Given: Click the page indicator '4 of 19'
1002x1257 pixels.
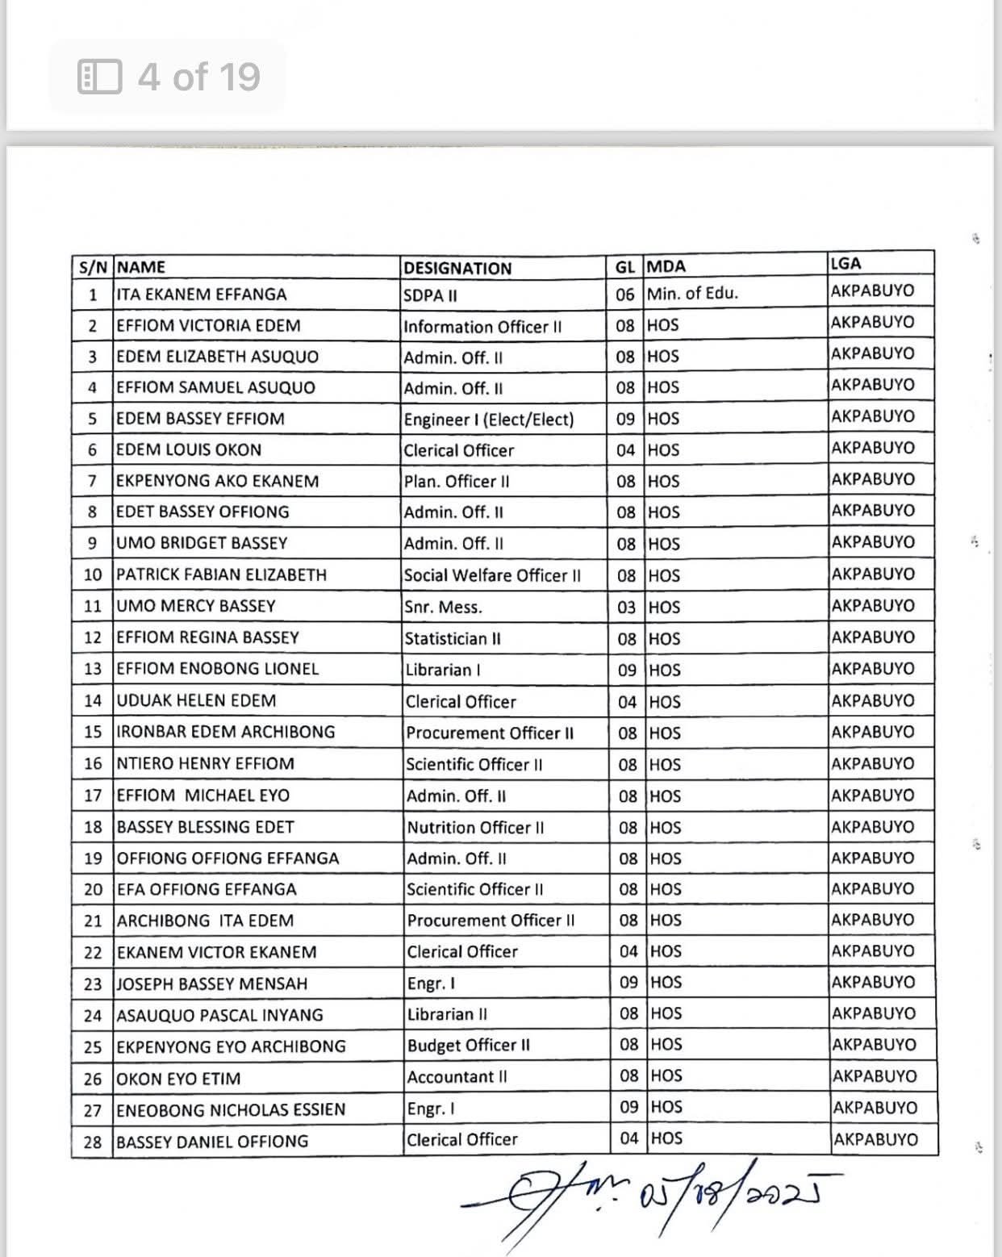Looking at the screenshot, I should click(x=169, y=77).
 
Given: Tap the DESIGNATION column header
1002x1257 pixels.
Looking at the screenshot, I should click(x=457, y=268).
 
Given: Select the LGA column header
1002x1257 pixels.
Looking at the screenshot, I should click(x=845, y=263).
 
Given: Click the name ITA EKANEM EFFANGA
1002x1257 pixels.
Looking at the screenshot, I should click(x=202, y=294).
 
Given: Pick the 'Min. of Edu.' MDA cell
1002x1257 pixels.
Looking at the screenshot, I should click(x=692, y=294).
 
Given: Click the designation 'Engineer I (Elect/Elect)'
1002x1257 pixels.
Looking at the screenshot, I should click(x=489, y=420).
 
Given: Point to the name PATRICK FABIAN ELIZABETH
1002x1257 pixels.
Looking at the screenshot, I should click(x=222, y=575).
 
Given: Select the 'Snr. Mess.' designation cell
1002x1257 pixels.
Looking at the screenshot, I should click(x=443, y=608).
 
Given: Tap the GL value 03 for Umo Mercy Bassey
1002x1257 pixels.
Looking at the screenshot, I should click(x=626, y=608).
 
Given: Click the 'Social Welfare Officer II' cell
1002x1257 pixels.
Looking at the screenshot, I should click(x=492, y=576).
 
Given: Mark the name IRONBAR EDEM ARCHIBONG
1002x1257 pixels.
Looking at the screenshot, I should click(x=226, y=732).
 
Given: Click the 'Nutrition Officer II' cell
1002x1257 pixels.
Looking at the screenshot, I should click(x=475, y=828).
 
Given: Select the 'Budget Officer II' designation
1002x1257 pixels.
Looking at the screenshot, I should click(x=469, y=1046).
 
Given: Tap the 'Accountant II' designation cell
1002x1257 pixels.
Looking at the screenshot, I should click(x=457, y=1077).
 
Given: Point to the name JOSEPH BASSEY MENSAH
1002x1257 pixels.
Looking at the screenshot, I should click(x=212, y=983).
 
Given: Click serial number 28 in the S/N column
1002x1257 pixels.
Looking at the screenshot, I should click(x=93, y=1142).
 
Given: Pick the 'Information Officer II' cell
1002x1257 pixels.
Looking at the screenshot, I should click(x=482, y=327).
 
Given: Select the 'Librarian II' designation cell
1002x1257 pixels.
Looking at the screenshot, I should click(x=447, y=1014).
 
